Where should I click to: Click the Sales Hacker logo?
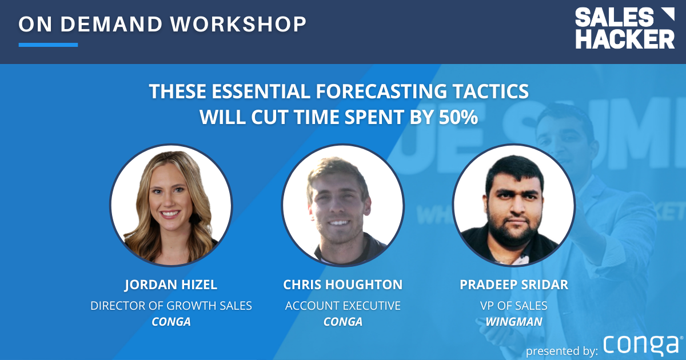click(624, 29)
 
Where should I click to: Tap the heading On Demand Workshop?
click(162, 24)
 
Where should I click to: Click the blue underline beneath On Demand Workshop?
click(48, 45)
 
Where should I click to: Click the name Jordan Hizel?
click(171, 285)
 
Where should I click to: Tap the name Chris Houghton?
click(342, 285)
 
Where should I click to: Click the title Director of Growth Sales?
click(171, 306)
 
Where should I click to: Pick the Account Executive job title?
click(342, 306)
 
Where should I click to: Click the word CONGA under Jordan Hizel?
click(171, 322)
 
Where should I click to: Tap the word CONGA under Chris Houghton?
click(342, 322)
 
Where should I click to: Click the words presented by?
click(562, 349)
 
